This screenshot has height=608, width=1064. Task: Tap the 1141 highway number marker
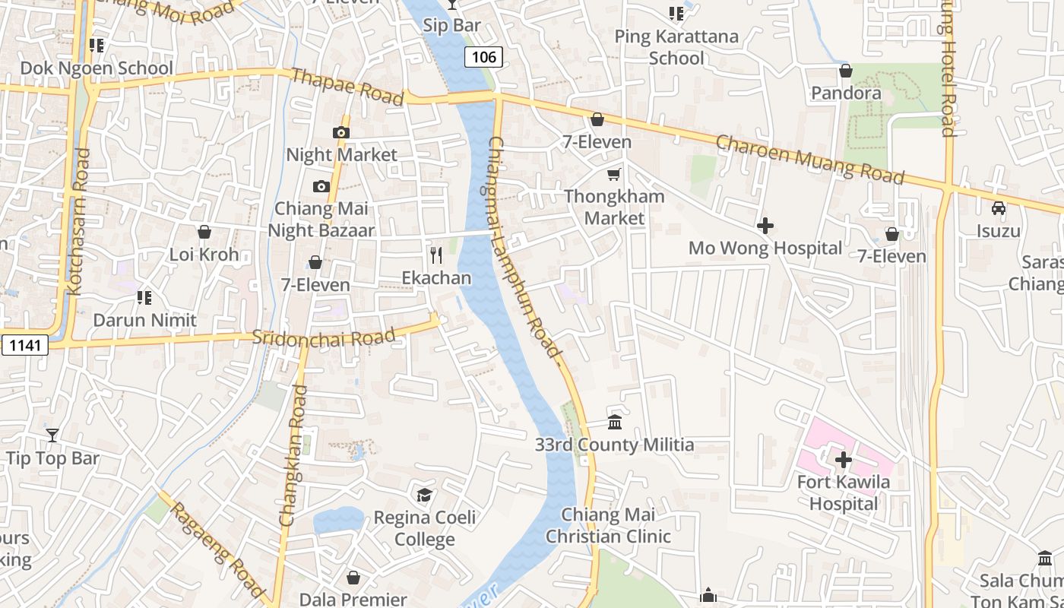coord(24,345)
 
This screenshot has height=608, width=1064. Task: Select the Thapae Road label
coord(347,87)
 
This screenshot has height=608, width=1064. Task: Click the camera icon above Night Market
coord(340,133)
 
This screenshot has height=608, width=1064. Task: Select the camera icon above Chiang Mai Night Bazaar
coord(321,186)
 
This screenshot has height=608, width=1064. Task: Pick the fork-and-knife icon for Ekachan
coord(436,255)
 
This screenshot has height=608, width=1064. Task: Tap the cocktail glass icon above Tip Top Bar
coord(52,435)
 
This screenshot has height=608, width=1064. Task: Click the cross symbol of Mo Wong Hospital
coord(765,226)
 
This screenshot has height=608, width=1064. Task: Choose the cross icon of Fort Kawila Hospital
coord(844,460)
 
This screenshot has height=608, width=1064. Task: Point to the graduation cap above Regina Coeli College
coord(424,496)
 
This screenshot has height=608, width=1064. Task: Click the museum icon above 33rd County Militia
coord(615,423)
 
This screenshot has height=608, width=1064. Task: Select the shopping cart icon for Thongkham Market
coord(614,174)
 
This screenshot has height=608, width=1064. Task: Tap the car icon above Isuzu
coord(999,208)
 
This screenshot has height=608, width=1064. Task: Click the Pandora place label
coord(846,93)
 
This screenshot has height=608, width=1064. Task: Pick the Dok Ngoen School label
coord(97,68)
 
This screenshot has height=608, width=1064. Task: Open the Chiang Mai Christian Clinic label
coord(608,525)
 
